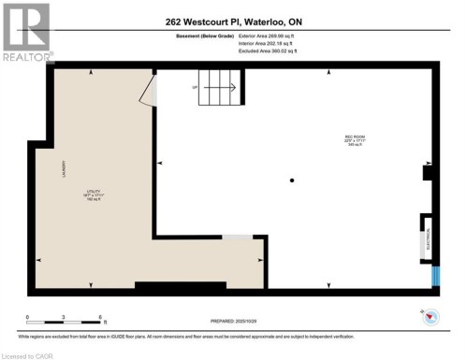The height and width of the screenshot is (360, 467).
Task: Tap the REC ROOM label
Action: point(354,139)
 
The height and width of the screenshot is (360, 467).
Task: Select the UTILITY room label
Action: point(93,192)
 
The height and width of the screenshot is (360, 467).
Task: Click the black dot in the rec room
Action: point(292,180)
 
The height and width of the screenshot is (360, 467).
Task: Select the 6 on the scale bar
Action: point(99,318)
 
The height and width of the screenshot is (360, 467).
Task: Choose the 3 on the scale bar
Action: point(63,318)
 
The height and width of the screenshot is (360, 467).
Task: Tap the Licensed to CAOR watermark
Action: point(28,354)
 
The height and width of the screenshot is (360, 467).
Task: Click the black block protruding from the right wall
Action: point(427,173)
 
